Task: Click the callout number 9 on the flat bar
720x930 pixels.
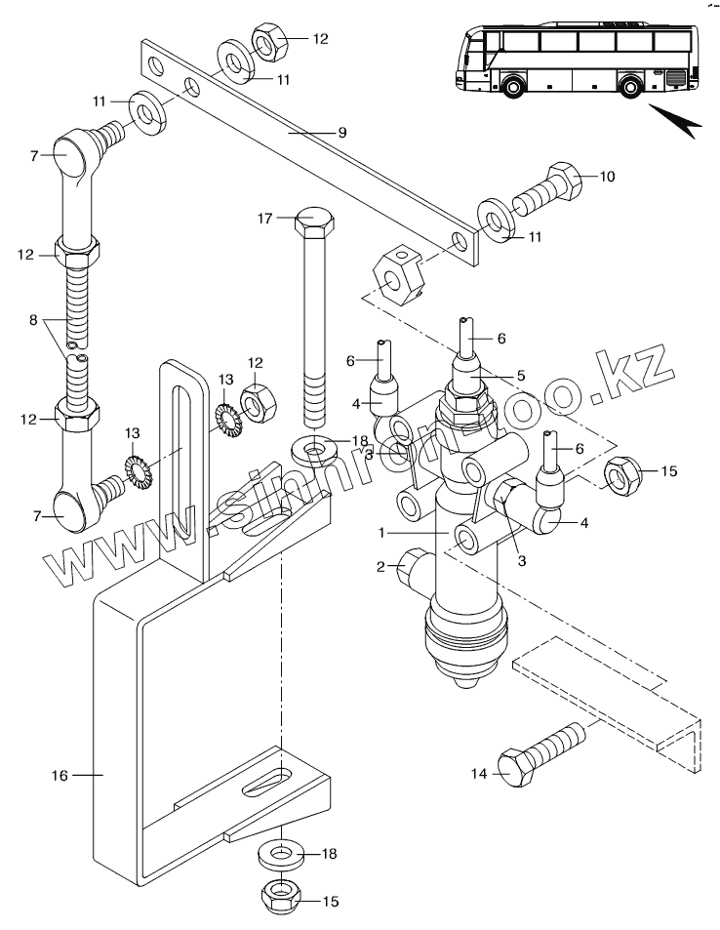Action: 342,133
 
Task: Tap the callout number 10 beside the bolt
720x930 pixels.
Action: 607,177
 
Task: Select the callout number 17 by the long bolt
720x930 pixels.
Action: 264,219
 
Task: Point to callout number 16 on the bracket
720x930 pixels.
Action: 60,775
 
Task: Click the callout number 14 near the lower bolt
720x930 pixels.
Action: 479,774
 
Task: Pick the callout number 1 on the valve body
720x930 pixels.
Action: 381,533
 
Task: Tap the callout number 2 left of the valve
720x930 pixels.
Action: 380,566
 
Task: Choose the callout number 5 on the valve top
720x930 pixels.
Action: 521,376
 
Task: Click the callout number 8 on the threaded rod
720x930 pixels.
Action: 33,320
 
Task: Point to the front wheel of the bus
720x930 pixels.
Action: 510,86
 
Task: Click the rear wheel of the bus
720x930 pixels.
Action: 629,86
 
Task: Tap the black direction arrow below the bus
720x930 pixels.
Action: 676,120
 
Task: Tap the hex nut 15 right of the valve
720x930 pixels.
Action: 622,475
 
